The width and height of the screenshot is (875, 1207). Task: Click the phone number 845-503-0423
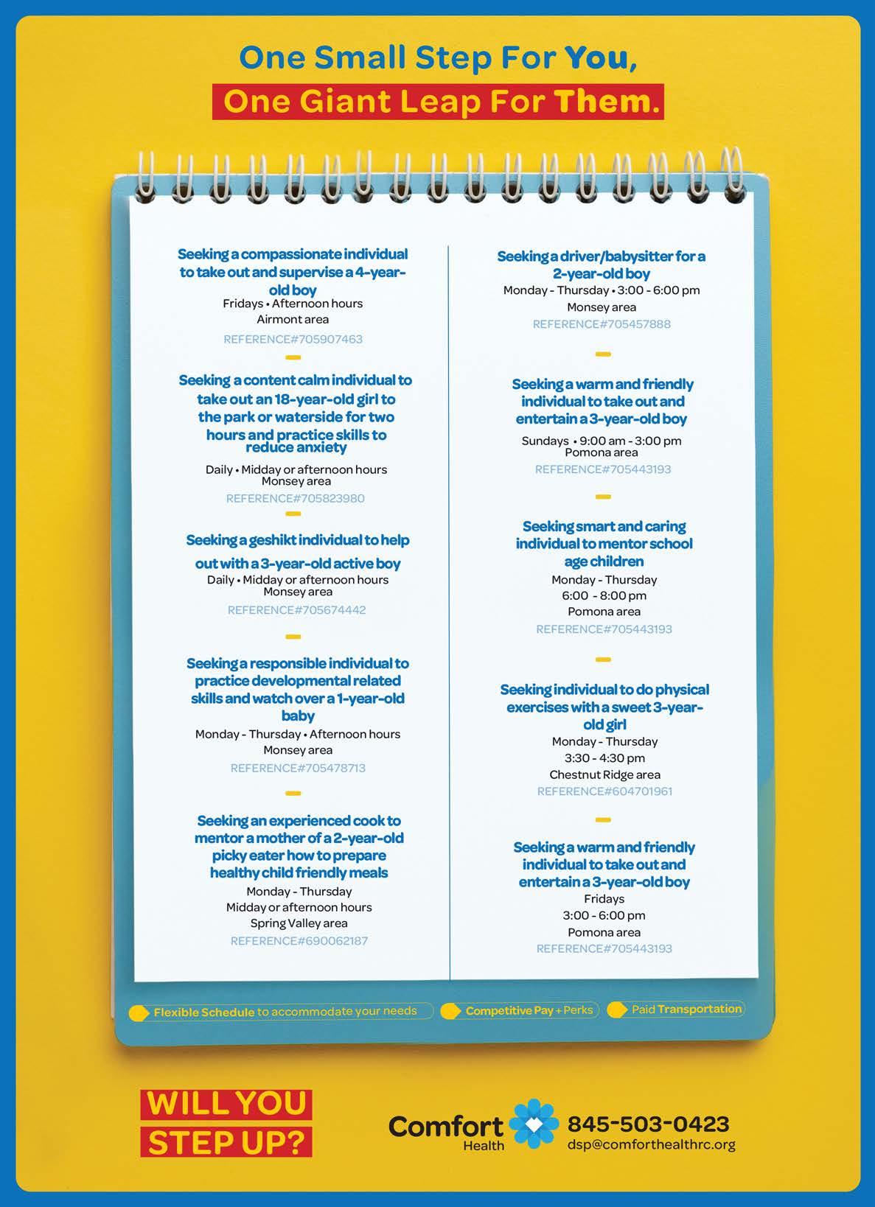648,1124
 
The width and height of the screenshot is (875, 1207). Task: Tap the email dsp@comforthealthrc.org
651,1144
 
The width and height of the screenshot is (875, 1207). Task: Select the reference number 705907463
293,339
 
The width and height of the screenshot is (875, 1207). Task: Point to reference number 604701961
604,791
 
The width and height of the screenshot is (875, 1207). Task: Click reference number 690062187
299,941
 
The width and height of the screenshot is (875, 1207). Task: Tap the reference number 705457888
602,324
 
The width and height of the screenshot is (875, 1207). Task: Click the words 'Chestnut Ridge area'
604,774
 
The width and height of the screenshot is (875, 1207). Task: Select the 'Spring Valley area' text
299,923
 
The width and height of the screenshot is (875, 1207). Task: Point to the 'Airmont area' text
293,319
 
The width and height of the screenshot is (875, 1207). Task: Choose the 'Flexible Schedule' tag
203,1012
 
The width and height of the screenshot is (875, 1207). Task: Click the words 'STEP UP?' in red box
226,1142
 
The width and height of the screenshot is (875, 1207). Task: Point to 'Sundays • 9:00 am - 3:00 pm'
602,441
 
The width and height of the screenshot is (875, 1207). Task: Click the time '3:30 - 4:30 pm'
604,758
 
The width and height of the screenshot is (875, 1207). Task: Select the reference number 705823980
295,498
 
